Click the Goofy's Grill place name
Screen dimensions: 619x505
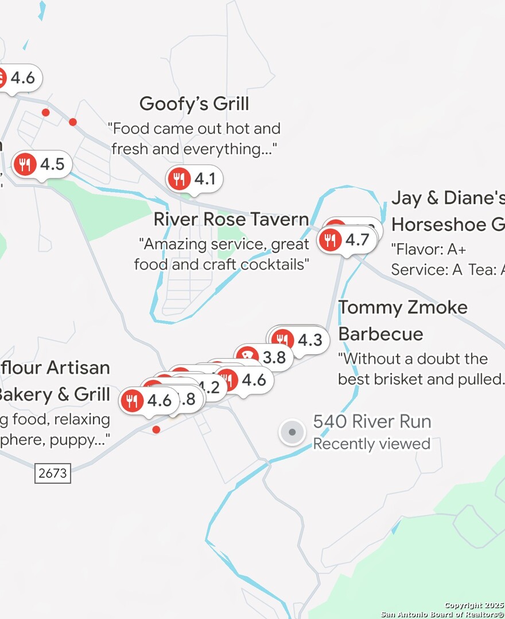tap(194, 104)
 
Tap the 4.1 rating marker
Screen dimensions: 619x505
tap(195, 179)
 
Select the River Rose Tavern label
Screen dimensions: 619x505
tap(231, 220)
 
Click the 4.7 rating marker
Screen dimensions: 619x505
tap(347, 240)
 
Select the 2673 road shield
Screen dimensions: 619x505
tap(53, 473)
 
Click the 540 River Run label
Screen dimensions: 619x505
tap(372, 422)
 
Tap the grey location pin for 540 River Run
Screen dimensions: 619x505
tap(292, 432)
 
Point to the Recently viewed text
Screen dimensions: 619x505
tap(371, 444)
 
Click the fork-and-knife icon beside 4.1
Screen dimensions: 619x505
tap(180, 179)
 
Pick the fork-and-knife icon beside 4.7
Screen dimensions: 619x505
tap(330, 240)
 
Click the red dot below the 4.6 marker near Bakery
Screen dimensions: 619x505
tap(156, 429)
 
